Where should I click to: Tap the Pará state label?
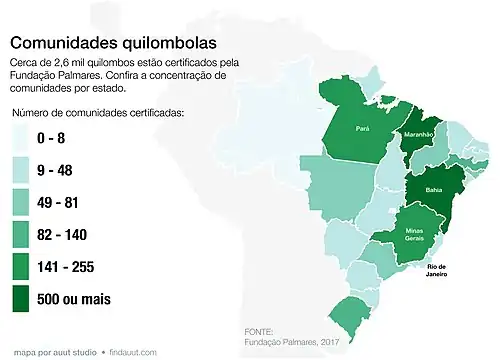tap(363, 129)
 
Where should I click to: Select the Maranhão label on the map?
tap(417, 134)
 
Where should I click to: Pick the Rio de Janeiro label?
tap(436, 270)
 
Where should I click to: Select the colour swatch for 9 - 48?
tap(27, 171)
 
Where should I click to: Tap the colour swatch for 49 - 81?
tap(27, 203)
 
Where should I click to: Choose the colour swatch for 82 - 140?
tap(27, 235)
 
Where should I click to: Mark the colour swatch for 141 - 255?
tap(27, 267)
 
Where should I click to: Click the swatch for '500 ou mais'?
tap(27, 298)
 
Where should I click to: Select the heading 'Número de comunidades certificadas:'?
tap(98, 113)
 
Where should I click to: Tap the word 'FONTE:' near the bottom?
tap(258, 331)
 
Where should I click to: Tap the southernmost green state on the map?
tap(351, 313)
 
